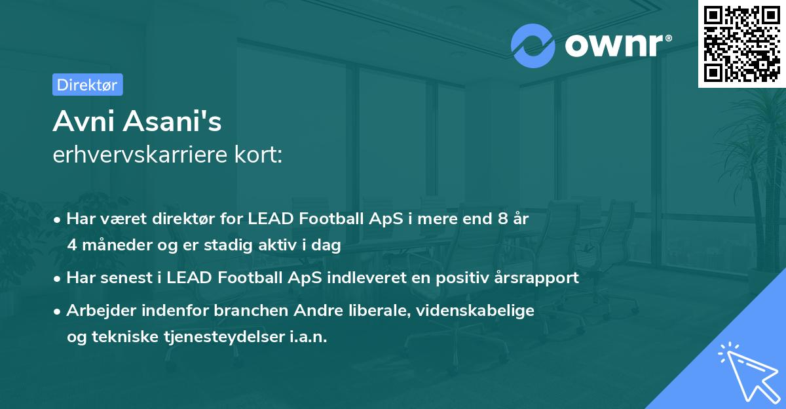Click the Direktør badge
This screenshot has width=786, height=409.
pos(87,85)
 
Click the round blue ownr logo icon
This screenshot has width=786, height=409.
pos(533,45)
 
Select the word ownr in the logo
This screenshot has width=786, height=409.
pos(616,45)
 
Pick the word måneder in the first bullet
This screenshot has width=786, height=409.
pos(115,246)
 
